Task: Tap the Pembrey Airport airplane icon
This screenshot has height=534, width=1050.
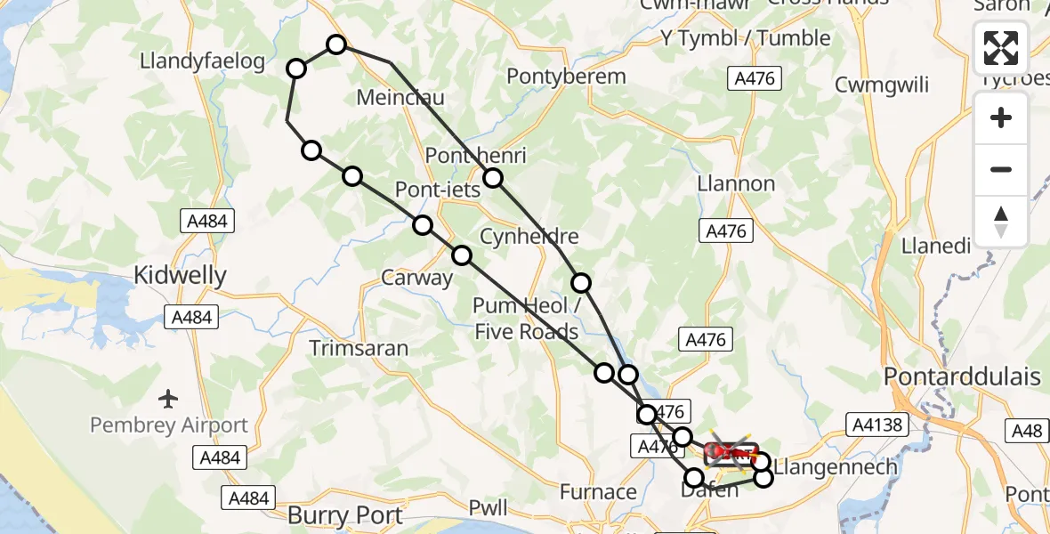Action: tap(169, 397)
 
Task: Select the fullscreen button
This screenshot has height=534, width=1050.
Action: tap(1001, 48)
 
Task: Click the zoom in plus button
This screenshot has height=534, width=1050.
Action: tap(1001, 117)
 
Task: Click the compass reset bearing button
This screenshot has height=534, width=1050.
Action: tap(1001, 222)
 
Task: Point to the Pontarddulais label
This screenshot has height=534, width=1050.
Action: tap(962, 376)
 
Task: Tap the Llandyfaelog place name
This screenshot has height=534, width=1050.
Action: tap(203, 61)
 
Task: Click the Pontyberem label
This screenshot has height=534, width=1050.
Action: tap(566, 77)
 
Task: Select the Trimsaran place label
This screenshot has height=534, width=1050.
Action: tap(359, 347)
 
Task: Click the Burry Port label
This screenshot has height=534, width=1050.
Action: tap(345, 514)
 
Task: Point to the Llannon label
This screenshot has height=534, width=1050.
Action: tap(737, 184)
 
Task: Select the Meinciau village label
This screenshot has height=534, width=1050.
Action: tap(400, 96)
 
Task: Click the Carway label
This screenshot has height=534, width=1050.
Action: tap(416, 278)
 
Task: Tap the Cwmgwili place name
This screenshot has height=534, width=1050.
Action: tap(882, 85)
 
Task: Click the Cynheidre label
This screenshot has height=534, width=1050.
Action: tap(529, 237)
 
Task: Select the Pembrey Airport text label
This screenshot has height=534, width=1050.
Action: tap(169, 425)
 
